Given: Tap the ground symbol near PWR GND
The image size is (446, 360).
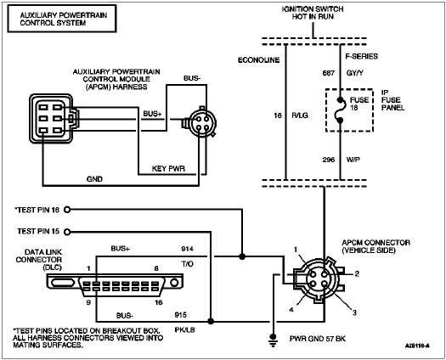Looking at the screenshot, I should point(272,340).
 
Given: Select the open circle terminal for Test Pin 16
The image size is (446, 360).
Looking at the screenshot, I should point(68,209).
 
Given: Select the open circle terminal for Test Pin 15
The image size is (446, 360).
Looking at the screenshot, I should point(68,231).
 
